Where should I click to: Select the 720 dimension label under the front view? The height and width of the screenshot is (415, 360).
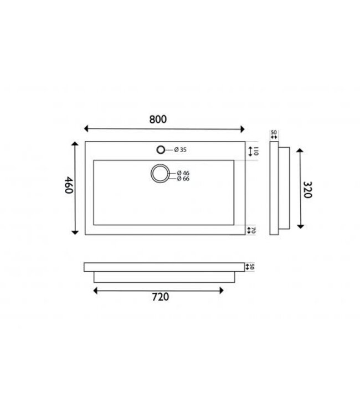coord(159,297)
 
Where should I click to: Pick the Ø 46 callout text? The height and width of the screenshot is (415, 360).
coord(183,173)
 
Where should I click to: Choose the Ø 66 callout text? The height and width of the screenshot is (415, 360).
coord(183,179)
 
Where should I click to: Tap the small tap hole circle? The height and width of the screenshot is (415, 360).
coord(161,149)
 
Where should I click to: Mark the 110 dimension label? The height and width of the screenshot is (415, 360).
coord(256,151)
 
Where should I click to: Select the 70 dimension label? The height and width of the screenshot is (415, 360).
coord(252,230)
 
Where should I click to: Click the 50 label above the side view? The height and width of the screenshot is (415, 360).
coord(273,133)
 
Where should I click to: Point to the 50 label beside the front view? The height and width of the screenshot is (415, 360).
coord(251,267)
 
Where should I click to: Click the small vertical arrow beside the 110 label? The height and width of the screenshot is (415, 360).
coord(250,151)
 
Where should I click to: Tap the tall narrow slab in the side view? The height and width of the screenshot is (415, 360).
coord(273,188)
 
